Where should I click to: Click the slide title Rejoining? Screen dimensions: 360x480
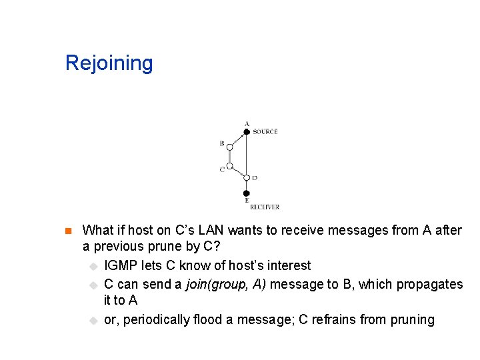pos(109,63)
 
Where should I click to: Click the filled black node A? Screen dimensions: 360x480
pos(246,132)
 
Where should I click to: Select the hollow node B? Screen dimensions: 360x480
pos(229,147)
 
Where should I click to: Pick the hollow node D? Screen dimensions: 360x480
pos(246,178)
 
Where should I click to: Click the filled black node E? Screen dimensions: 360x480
pos(246,193)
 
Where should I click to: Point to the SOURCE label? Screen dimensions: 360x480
pos(265,132)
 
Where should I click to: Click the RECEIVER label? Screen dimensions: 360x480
pos(265,207)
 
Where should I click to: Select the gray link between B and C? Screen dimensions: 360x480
pos(229,157)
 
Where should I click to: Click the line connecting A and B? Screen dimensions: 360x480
pos(238,139)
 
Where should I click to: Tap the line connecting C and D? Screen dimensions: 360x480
pos(238,173)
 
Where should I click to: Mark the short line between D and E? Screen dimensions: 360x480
pos(246,186)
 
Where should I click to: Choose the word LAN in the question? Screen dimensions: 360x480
pos(211,230)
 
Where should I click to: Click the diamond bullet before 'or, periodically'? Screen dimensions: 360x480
pos(93,321)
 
